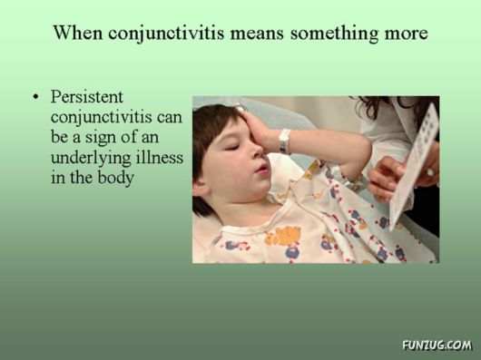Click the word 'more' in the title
(x=405, y=34)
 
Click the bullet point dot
(x=36, y=97)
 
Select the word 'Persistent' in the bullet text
(x=87, y=97)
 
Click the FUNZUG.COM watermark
(x=437, y=345)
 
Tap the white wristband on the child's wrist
(x=284, y=141)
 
